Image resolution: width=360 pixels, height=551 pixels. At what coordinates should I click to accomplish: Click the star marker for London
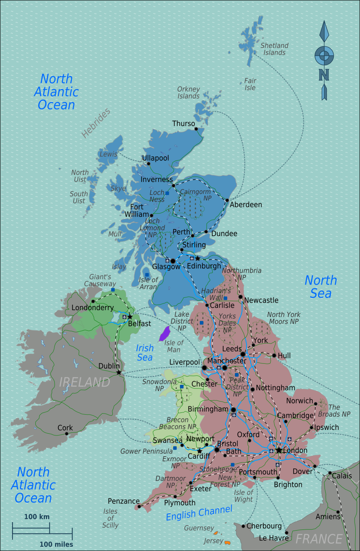click(x=279, y=450)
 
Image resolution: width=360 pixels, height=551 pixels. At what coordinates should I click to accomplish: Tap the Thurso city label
click(x=183, y=124)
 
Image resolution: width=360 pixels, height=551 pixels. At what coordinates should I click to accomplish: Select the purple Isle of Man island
click(x=165, y=333)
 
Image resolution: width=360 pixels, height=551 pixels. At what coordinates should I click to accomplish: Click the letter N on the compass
click(x=324, y=75)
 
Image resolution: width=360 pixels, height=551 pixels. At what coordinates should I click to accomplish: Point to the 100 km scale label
click(x=37, y=517)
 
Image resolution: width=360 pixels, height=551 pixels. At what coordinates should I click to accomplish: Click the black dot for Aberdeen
click(x=227, y=200)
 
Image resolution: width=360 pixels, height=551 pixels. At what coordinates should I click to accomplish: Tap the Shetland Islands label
click(x=274, y=49)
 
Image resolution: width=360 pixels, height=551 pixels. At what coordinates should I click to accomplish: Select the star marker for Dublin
click(x=119, y=372)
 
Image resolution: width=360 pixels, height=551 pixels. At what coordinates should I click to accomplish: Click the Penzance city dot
click(x=139, y=506)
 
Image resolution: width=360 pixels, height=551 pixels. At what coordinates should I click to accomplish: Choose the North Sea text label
click(x=321, y=287)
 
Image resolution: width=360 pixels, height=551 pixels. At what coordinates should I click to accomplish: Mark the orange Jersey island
click(x=227, y=543)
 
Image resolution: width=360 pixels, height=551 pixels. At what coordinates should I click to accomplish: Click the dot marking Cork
click(x=66, y=434)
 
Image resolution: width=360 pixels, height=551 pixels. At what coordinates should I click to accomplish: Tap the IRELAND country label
click(x=85, y=382)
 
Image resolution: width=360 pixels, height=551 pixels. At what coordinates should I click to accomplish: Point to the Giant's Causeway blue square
click(x=113, y=290)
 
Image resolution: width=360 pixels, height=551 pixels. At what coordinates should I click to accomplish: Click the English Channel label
click(x=199, y=513)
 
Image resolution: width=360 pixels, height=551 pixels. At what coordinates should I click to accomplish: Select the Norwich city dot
click(x=316, y=404)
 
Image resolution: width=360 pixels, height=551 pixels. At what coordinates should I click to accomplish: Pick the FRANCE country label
click(x=319, y=539)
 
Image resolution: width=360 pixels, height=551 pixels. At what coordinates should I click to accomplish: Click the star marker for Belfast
click(x=130, y=317)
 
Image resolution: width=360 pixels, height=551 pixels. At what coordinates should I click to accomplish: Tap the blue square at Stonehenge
click(x=233, y=465)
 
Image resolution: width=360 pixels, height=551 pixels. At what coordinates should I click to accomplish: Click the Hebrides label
click(x=96, y=123)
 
